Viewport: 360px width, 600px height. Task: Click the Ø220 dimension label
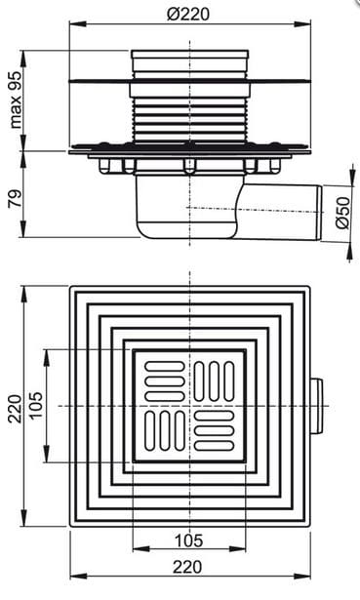(x=188, y=15)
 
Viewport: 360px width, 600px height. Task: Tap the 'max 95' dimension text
(x=16, y=100)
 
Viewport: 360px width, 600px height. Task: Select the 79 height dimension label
(x=16, y=198)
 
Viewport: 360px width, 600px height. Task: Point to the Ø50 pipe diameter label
(x=342, y=213)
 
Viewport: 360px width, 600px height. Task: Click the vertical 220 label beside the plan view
(x=16, y=408)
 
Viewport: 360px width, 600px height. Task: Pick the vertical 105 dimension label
(x=36, y=406)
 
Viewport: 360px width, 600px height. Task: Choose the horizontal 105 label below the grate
(x=188, y=540)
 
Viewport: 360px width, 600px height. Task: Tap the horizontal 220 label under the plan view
(x=187, y=567)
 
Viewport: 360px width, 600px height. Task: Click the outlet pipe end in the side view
(x=318, y=213)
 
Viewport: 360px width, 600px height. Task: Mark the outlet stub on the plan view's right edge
(x=316, y=406)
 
